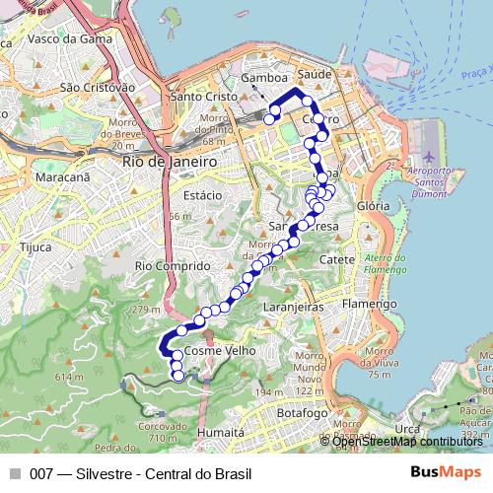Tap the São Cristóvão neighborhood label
point(97,87)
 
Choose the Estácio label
point(201,195)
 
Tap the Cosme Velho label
point(221,351)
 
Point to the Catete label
point(337,259)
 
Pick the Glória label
point(374,206)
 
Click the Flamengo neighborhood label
point(370,304)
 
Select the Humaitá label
point(221,432)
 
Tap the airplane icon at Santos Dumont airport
point(429,158)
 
